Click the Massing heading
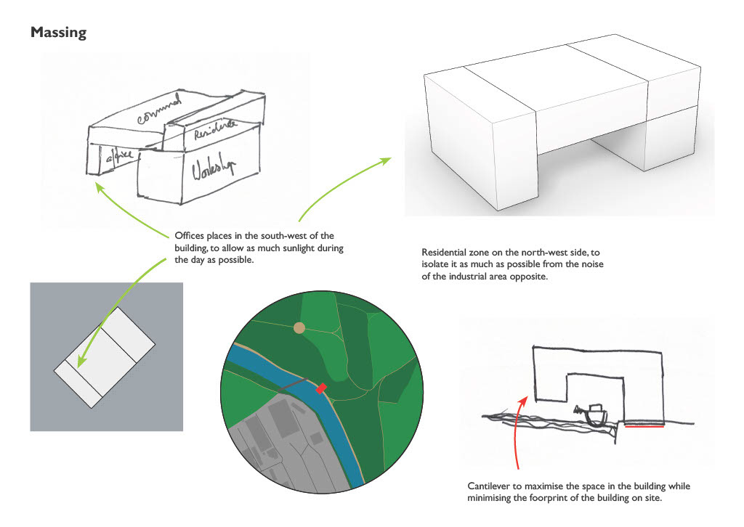pos(58,33)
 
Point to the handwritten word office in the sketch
pos(116,158)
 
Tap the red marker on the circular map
pos(321,389)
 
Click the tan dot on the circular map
pos(299,328)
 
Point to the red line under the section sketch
pos(644,427)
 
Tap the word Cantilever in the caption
pos(489,486)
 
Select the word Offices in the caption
pos(189,237)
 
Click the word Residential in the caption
pos(445,252)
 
